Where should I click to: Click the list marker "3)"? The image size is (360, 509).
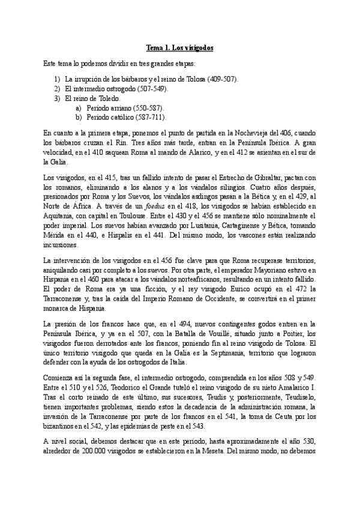coord(57,98)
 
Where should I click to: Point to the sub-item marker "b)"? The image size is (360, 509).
coord(79,117)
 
